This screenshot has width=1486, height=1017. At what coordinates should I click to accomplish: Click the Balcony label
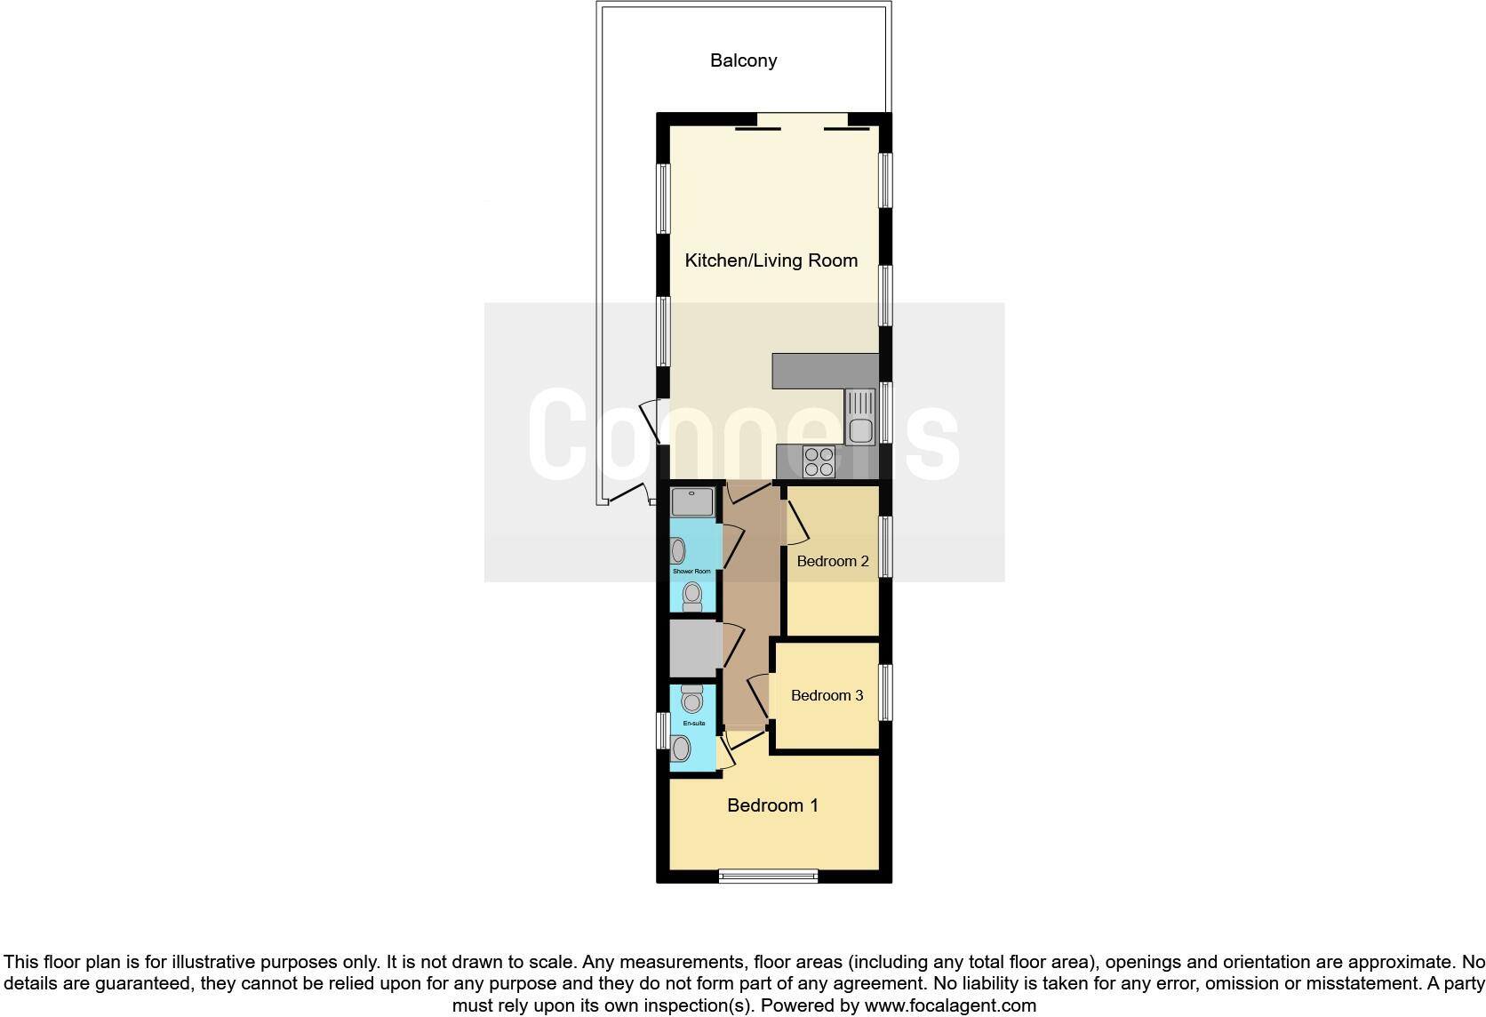click(743, 60)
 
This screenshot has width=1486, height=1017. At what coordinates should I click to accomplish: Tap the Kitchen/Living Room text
click(771, 260)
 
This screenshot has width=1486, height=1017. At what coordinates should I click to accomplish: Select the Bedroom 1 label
click(772, 805)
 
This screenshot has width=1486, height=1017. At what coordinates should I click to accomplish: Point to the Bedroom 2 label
click(832, 561)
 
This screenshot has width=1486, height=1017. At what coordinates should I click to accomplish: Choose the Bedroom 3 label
click(827, 695)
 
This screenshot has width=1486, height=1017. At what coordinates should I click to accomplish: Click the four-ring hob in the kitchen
click(818, 461)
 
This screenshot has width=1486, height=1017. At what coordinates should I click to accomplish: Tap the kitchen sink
click(859, 417)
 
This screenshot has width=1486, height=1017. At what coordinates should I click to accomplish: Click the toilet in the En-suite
click(691, 698)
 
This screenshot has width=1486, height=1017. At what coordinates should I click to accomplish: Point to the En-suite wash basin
click(681, 749)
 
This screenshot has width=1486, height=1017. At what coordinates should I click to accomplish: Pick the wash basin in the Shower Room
click(679, 551)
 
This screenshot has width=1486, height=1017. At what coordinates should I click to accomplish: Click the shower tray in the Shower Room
click(692, 501)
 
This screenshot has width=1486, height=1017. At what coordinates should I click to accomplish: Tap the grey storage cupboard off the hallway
click(694, 649)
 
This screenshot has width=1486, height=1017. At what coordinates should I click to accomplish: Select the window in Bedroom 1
click(768, 877)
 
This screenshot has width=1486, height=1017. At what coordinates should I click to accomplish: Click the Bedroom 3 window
click(885, 692)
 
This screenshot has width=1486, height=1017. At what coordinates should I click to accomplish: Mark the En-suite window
click(662, 731)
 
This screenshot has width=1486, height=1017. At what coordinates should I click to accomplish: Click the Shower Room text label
click(691, 571)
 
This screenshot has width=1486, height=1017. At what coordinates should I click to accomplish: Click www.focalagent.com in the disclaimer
click(949, 1006)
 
